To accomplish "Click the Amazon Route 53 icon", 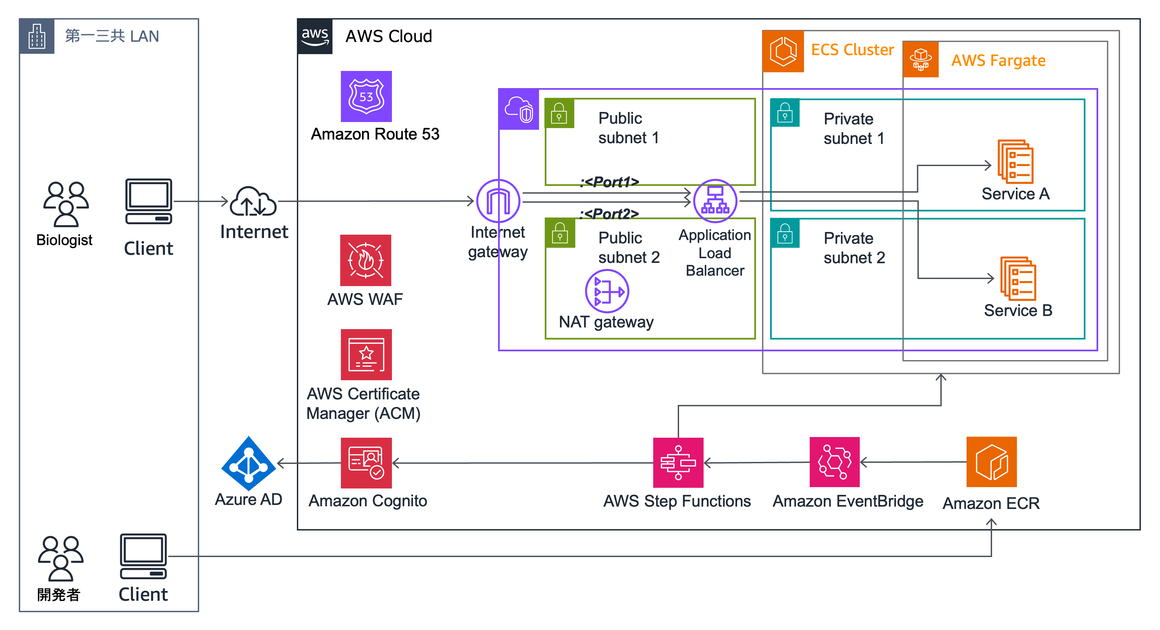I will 366,96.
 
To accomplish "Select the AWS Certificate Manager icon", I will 366,354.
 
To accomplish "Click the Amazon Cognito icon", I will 366,463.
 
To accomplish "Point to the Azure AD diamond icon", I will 248,463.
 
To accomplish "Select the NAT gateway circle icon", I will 607,291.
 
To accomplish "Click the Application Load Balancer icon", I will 715,201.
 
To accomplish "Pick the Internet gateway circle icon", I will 498,201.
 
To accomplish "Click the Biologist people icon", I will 66,204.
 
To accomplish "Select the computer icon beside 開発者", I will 143,557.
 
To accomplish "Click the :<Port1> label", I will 609,182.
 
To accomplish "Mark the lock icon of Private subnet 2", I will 785,233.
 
